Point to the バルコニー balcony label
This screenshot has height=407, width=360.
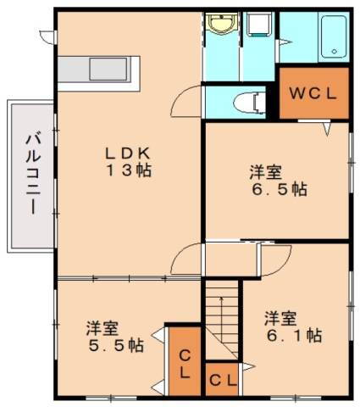tap(31, 175)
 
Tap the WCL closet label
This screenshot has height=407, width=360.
tap(314, 93)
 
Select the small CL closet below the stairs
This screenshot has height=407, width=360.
tap(222, 379)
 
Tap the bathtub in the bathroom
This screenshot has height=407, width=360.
tap(333, 38)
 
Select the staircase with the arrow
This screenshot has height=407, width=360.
tap(222, 318)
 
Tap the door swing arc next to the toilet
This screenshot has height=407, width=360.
tap(185, 103)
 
